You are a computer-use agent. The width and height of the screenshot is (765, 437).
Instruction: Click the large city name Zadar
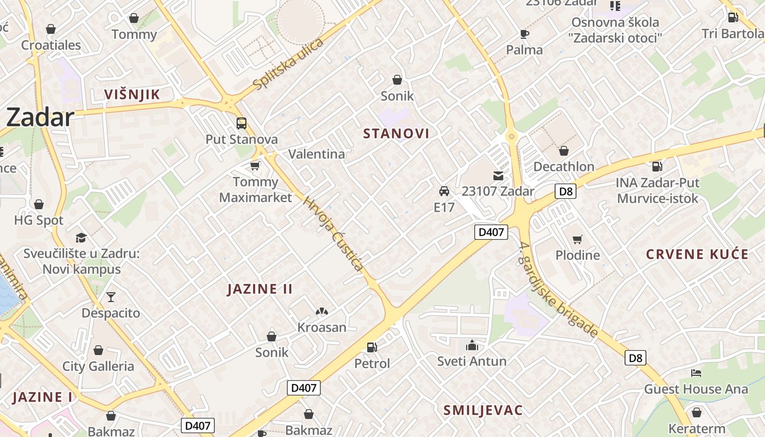[40, 117]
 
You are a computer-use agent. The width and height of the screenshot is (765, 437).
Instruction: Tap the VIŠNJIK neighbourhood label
[132, 95]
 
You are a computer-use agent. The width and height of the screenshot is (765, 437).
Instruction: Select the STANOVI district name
[396, 133]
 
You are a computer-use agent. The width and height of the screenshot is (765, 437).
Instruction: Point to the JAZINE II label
[260, 289]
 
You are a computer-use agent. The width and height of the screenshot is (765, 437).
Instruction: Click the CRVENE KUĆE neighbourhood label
[697, 254]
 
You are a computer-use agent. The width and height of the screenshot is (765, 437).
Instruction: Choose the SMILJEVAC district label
[483, 410]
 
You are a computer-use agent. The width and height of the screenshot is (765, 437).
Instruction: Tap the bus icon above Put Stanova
[241, 123]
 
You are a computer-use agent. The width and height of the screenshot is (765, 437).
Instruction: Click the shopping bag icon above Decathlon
[563, 151]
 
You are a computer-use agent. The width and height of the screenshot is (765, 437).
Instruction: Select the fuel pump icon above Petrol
[372, 347]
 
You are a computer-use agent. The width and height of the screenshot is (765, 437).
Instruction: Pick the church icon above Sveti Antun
[472, 345]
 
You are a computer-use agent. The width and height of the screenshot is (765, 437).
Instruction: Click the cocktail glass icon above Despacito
[111, 297]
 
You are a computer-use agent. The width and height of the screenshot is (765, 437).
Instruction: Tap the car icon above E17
[444, 191]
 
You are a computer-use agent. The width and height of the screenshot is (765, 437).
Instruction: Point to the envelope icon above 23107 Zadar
[498, 175]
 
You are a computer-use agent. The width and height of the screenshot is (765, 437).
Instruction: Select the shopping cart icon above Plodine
[577, 239]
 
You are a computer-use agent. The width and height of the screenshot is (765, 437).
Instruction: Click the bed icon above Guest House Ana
[696, 373]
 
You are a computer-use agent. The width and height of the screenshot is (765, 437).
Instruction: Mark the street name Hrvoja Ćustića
[333, 233]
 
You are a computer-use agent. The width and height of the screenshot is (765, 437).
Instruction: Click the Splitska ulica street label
[289, 64]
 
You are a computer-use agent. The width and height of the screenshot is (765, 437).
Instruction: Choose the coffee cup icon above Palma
[525, 34]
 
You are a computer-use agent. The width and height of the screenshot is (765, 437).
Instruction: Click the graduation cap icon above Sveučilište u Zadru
[81, 238]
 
